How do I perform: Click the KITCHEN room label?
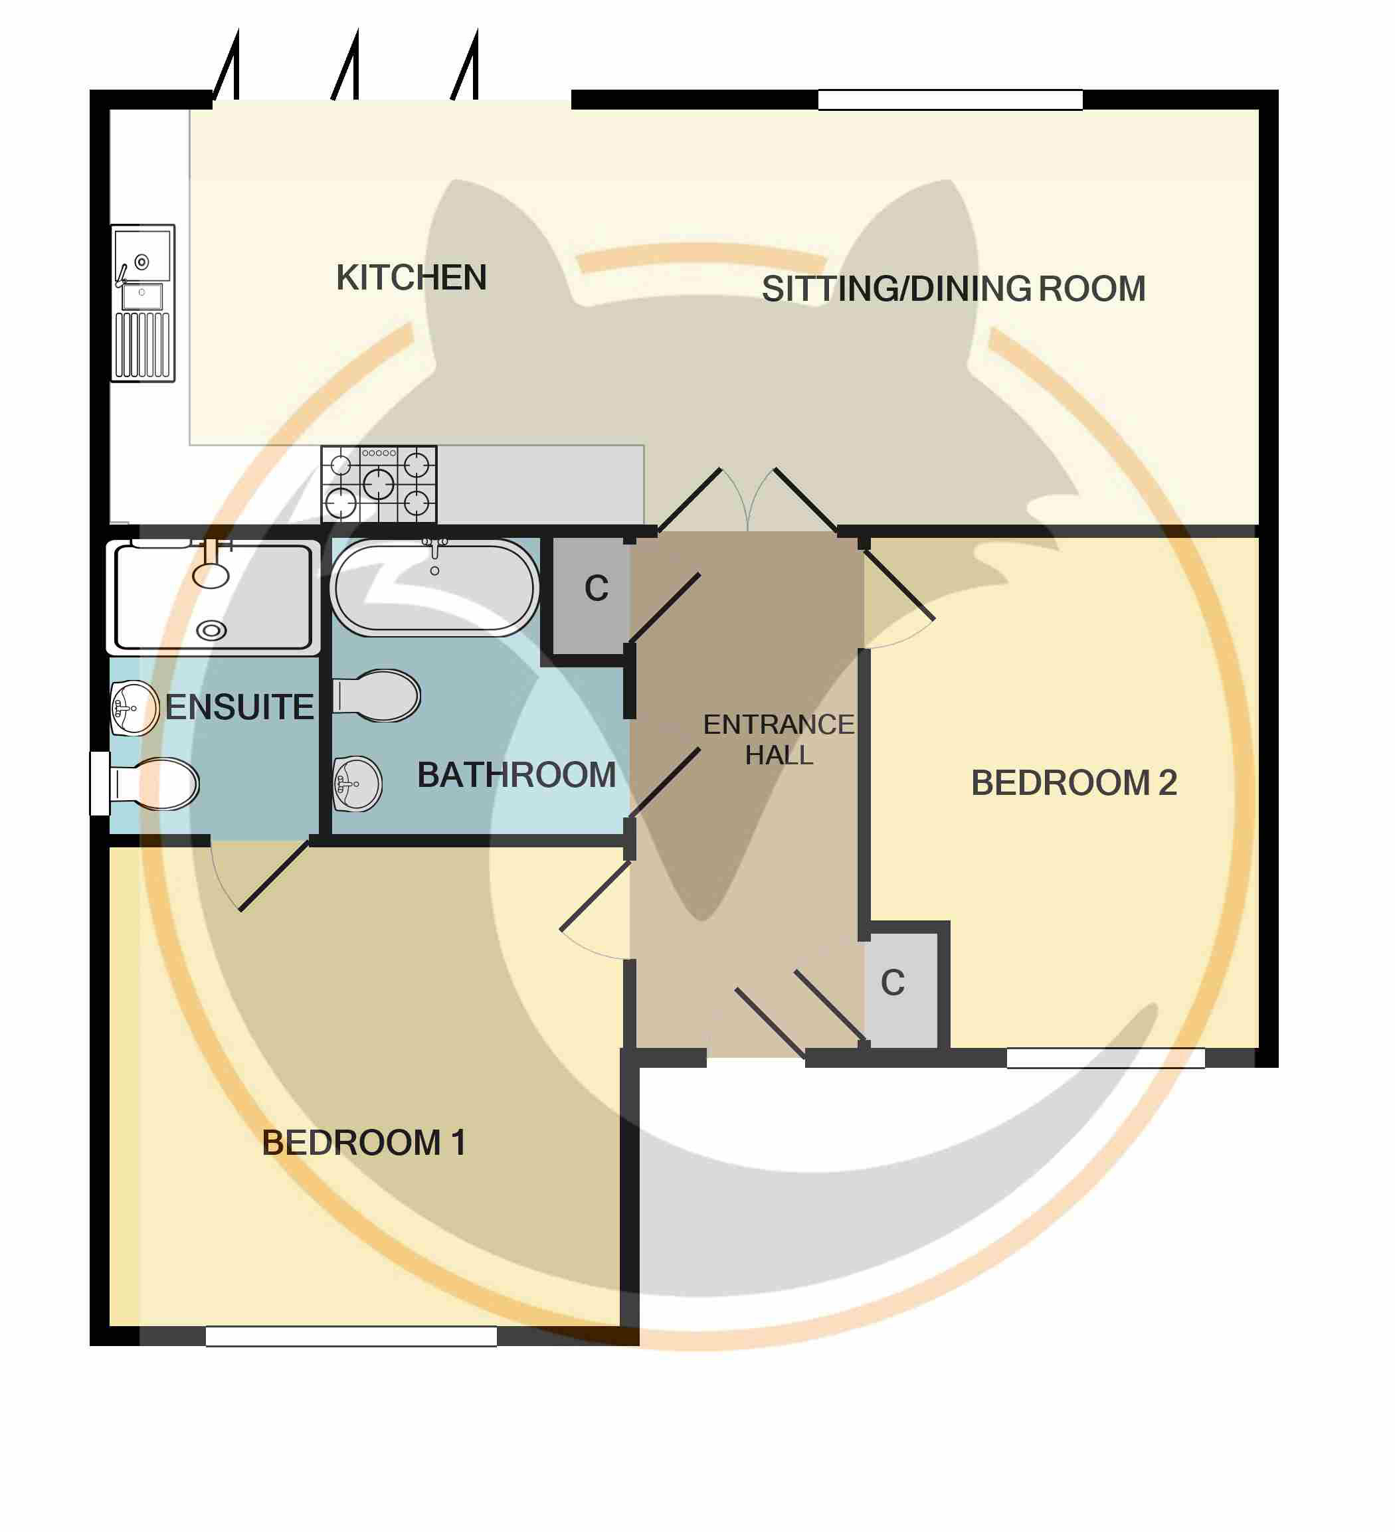(x=411, y=278)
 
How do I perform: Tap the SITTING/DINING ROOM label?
(x=953, y=290)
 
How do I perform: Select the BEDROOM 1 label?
(x=363, y=1143)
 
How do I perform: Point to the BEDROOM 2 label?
(x=1073, y=784)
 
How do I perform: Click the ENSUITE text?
(x=239, y=707)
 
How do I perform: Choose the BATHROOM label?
(x=516, y=776)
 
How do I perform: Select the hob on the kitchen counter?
(x=379, y=484)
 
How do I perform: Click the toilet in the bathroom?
(x=376, y=695)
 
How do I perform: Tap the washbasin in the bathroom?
(x=357, y=784)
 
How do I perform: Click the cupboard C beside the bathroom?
(x=591, y=596)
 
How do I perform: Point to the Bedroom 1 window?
(x=351, y=1337)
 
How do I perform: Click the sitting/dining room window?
(x=951, y=100)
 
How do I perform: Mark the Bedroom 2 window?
(x=1105, y=1059)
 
